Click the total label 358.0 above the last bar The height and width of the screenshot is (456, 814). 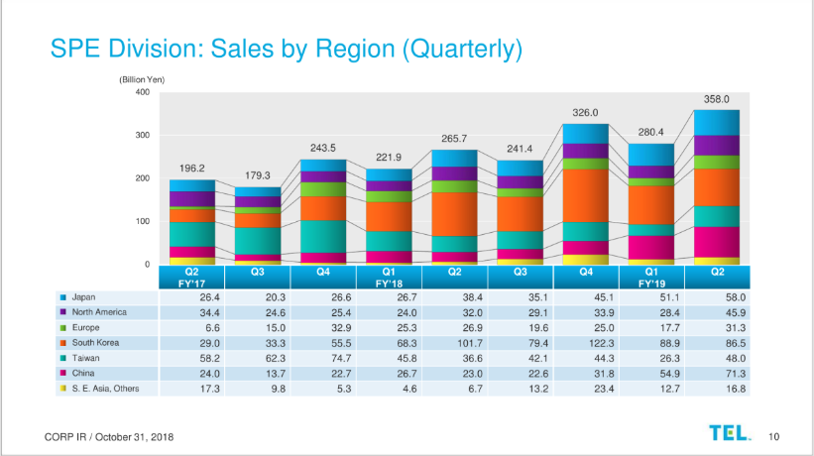coord(716,99)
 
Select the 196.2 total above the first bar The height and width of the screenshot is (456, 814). coord(192,169)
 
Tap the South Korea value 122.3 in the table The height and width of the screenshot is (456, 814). coord(584,342)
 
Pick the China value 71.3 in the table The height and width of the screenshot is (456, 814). coord(716,373)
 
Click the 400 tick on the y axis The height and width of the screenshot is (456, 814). coord(142,92)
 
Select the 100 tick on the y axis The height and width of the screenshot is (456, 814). coord(142,221)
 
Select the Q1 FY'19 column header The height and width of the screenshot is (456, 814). coord(649,276)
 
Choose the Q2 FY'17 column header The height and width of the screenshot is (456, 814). coord(192,276)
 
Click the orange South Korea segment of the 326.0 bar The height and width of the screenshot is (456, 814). coord(584,195)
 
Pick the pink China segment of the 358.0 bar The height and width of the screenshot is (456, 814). coord(716,242)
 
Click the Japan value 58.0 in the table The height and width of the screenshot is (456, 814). coord(716,296)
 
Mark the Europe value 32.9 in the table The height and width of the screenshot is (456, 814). coord(323,327)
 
